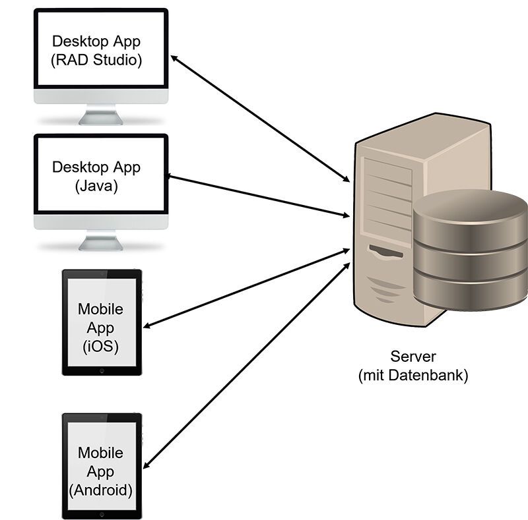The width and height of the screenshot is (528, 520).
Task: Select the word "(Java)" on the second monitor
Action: point(96,186)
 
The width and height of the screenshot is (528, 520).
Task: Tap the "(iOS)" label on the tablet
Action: point(100,346)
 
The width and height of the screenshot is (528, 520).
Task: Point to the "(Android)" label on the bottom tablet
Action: point(100,490)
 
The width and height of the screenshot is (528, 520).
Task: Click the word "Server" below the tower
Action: point(413,357)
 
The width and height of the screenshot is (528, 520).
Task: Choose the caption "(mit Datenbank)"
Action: point(413,376)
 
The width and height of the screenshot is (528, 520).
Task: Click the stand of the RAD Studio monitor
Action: point(100,116)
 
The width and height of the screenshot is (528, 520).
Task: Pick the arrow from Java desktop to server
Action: point(257,196)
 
